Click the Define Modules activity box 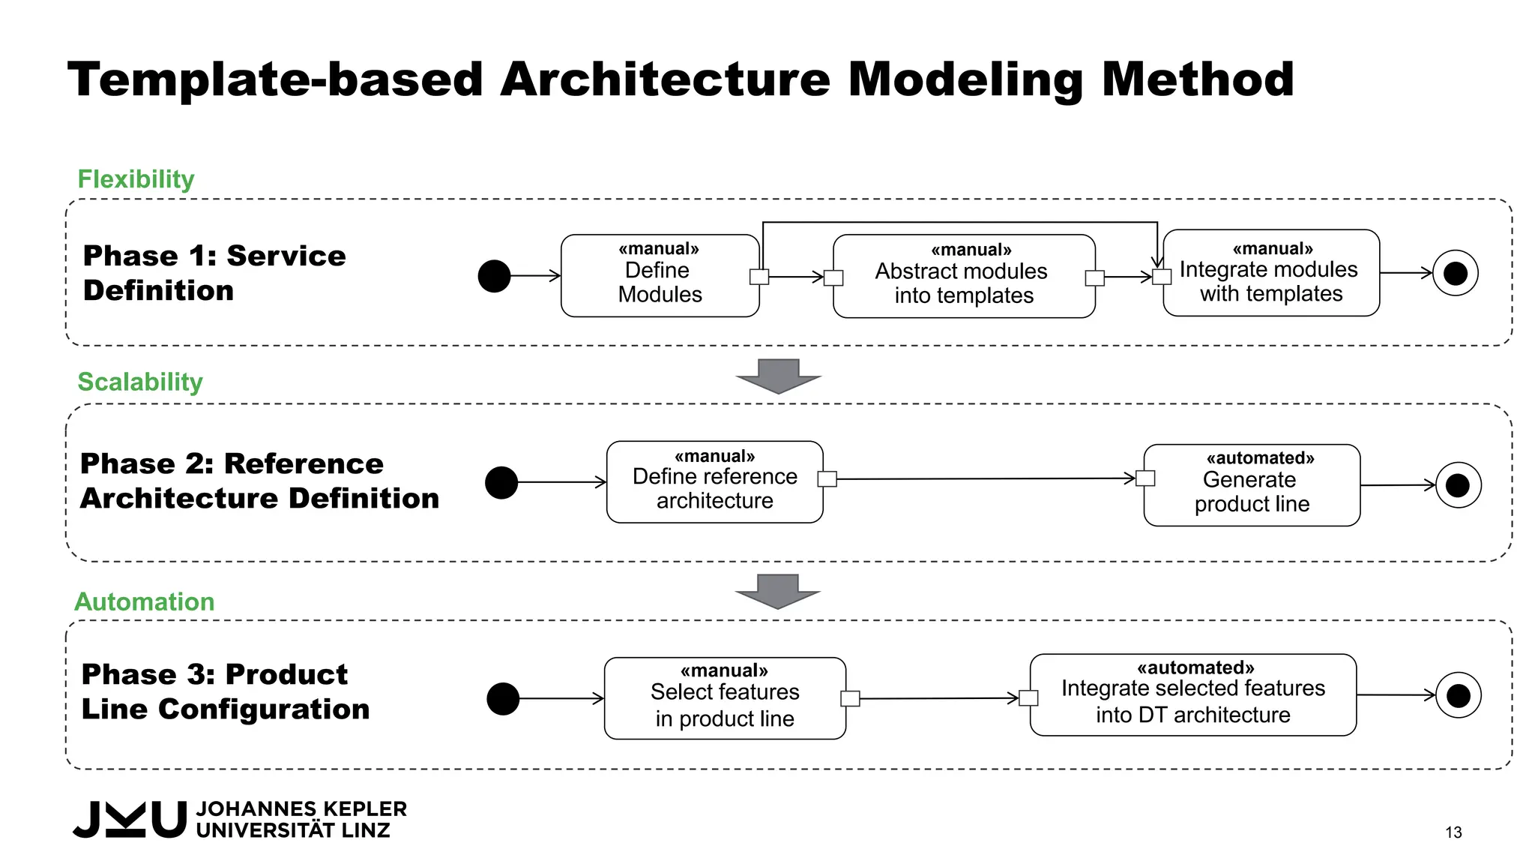point(660,276)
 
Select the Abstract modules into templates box point(963,277)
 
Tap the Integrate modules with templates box point(1271,273)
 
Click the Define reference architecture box point(714,482)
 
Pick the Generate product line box point(1252,486)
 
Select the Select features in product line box point(725,699)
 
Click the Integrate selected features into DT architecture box point(1192,695)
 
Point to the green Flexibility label point(136,179)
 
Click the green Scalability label point(140,382)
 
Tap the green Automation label point(145,601)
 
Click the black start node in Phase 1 point(495,276)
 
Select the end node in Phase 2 point(1458,485)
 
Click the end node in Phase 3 point(1458,695)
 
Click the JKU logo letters point(130,819)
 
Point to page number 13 point(1453,832)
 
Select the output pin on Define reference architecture point(827,479)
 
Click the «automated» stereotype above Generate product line point(1260,458)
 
